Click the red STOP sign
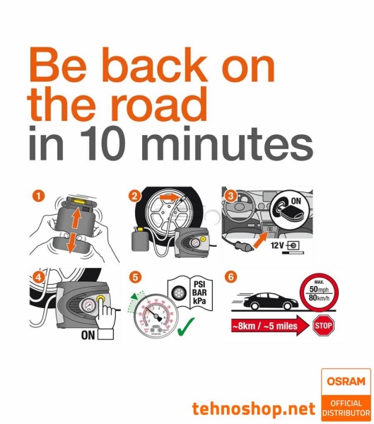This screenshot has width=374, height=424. pyautogui.click(x=323, y=325)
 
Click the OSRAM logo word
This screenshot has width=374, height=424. pyautogui.click(x=346, y=382)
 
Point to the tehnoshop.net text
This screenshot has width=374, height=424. pyautogui.click(x=252, y=408)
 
